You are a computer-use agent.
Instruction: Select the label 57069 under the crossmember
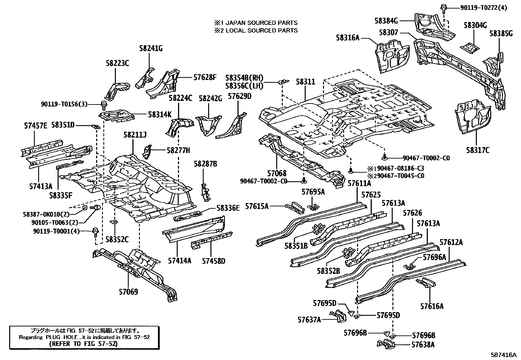[128, 292]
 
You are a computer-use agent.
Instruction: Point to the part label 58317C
[478, 150]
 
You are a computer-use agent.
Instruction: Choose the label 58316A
[348, 38]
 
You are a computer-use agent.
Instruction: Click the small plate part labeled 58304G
[469, 48]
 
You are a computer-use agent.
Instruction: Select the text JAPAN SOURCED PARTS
[260, 23]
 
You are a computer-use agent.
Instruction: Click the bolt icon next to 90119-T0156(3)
[104, 104]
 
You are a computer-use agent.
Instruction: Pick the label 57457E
[36, 125]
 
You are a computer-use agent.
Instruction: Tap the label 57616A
[432, 306]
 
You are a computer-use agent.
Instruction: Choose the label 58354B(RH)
[244, 78]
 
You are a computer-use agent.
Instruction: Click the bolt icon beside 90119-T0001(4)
[95, 231]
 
